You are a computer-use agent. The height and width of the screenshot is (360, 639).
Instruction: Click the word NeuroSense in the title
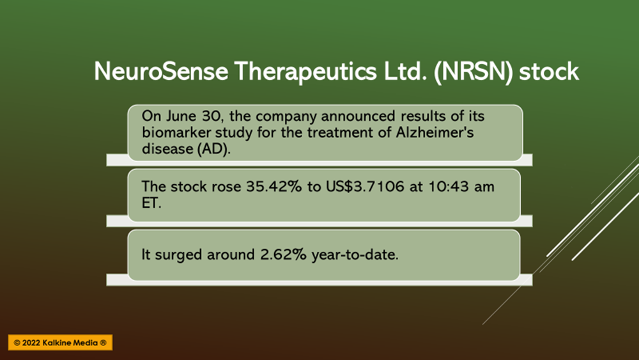coord(161,72)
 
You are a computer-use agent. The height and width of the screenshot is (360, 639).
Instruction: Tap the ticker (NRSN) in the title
coord(473,72)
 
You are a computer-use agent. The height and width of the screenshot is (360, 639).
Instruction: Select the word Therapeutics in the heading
coord(305,72)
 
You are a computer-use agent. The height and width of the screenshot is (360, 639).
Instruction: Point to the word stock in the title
coord(548,72)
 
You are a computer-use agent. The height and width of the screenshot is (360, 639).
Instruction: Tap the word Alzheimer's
coord(435,132)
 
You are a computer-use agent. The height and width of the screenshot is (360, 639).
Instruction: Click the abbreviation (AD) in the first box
coord(213,149)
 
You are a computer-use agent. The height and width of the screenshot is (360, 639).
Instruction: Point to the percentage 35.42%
coord(274,187)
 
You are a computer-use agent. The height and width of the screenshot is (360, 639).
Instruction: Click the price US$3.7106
coord(365,187)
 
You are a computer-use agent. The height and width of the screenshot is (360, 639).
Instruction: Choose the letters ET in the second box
coord(151,203)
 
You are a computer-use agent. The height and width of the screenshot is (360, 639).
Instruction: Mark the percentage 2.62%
coord(283,254)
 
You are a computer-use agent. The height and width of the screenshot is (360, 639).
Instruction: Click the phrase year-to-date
coord(355,255)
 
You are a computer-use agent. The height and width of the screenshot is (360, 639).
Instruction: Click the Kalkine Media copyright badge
coord(60,343)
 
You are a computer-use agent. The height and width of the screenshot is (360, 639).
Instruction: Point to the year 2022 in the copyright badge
coord(31,343)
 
